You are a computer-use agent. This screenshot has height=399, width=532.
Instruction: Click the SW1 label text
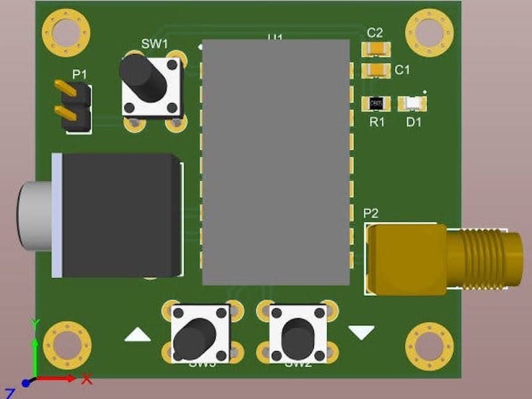[x=154, y=44]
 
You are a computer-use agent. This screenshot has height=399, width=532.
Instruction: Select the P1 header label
[x=79, y=74]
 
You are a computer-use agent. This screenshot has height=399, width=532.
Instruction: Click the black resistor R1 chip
[x=376, y=104]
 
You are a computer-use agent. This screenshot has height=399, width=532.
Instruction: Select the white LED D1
[x=412, y=104]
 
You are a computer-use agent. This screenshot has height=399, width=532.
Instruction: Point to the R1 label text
[x=377, y=122]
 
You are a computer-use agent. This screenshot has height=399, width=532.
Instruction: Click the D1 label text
[x=414, y=122]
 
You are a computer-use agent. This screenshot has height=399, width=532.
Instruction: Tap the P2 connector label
[x=371, y=213]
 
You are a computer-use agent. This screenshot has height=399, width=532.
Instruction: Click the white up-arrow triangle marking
[x=138, y=334]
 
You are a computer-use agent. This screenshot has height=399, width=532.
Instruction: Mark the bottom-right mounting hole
[x=429, y=343]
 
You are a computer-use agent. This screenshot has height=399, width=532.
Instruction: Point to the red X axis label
[x=86, y=380]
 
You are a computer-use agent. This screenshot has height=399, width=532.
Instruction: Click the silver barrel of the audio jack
[x=35, y=215]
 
